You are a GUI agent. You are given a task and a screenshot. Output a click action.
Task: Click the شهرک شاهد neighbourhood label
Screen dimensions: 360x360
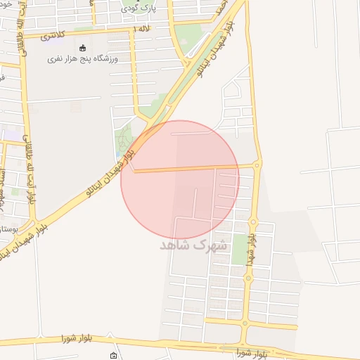194,245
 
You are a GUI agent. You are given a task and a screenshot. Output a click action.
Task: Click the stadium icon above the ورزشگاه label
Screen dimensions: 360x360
84,48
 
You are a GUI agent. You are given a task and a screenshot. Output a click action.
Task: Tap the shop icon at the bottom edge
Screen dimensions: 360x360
114,356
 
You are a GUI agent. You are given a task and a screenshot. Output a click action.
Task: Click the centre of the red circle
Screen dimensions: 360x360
180,180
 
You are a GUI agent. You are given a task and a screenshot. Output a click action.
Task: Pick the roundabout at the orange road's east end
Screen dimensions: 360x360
257,165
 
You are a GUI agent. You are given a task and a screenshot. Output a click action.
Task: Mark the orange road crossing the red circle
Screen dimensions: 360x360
197,169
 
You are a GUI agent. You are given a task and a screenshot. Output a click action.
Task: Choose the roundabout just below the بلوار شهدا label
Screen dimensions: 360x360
248,276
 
